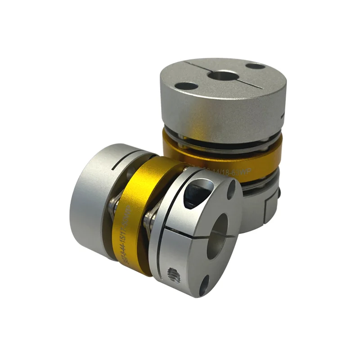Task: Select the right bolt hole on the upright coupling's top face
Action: click(256, 66)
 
